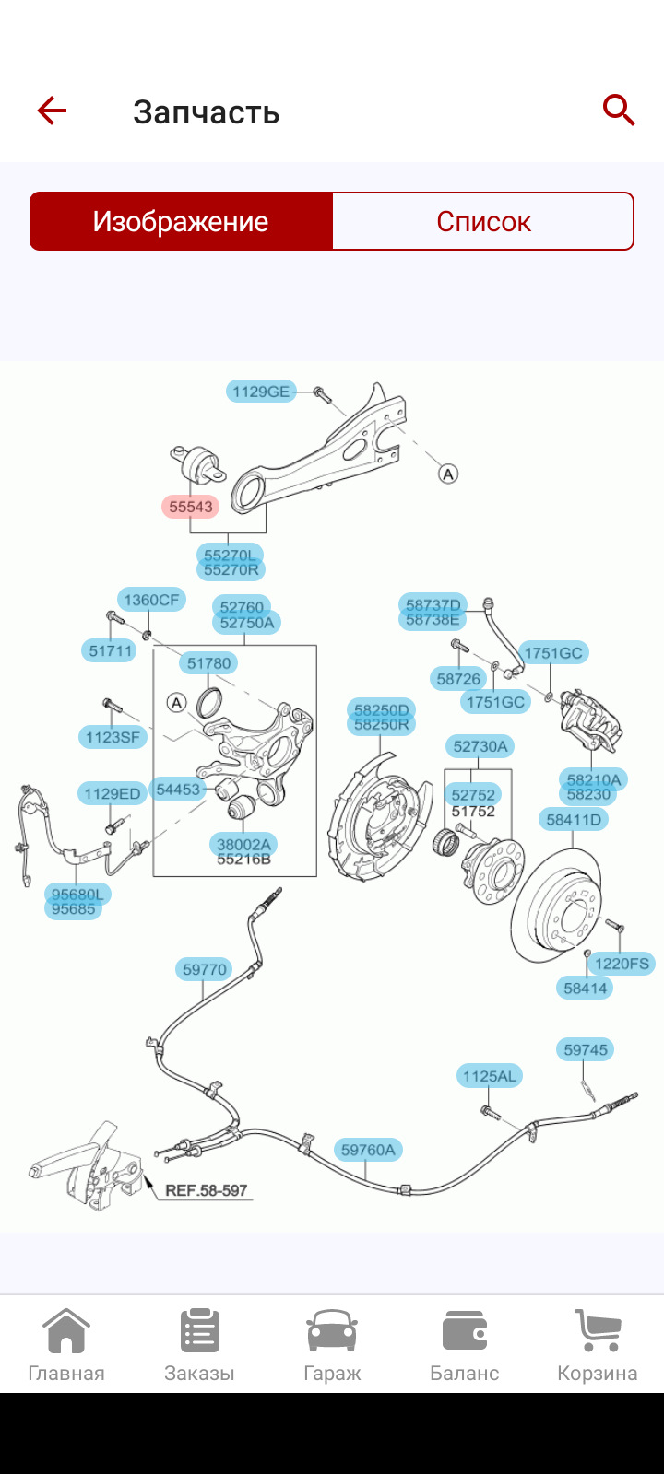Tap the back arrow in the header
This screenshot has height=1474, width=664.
[x=52, y=111]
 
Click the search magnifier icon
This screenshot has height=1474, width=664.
[x=619, y=111]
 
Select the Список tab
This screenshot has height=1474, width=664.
[x=483, y=221]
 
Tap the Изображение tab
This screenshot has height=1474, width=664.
[x=181, y=221]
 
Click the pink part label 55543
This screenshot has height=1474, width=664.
[x=191, y=507]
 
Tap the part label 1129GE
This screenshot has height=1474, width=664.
[x=261, y=392]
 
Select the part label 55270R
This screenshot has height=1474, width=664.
[x=231, y=570]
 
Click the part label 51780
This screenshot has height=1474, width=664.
[x=209, y=663]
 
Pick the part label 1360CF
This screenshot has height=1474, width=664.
[x=151, y=600]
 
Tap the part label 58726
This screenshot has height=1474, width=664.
[x=458, y=679]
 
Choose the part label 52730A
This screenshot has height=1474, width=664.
[x=480, y=746]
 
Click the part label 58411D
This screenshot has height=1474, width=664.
[x=574, y=819]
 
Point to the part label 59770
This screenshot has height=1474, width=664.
[x=205, y=969]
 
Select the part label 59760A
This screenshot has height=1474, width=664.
[x=368, y=1150]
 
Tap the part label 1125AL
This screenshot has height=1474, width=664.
[x=490, y=1076]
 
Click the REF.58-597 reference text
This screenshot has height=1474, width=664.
[x=207, y=1190]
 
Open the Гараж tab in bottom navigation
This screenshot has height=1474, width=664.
[x=332, y=1345]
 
